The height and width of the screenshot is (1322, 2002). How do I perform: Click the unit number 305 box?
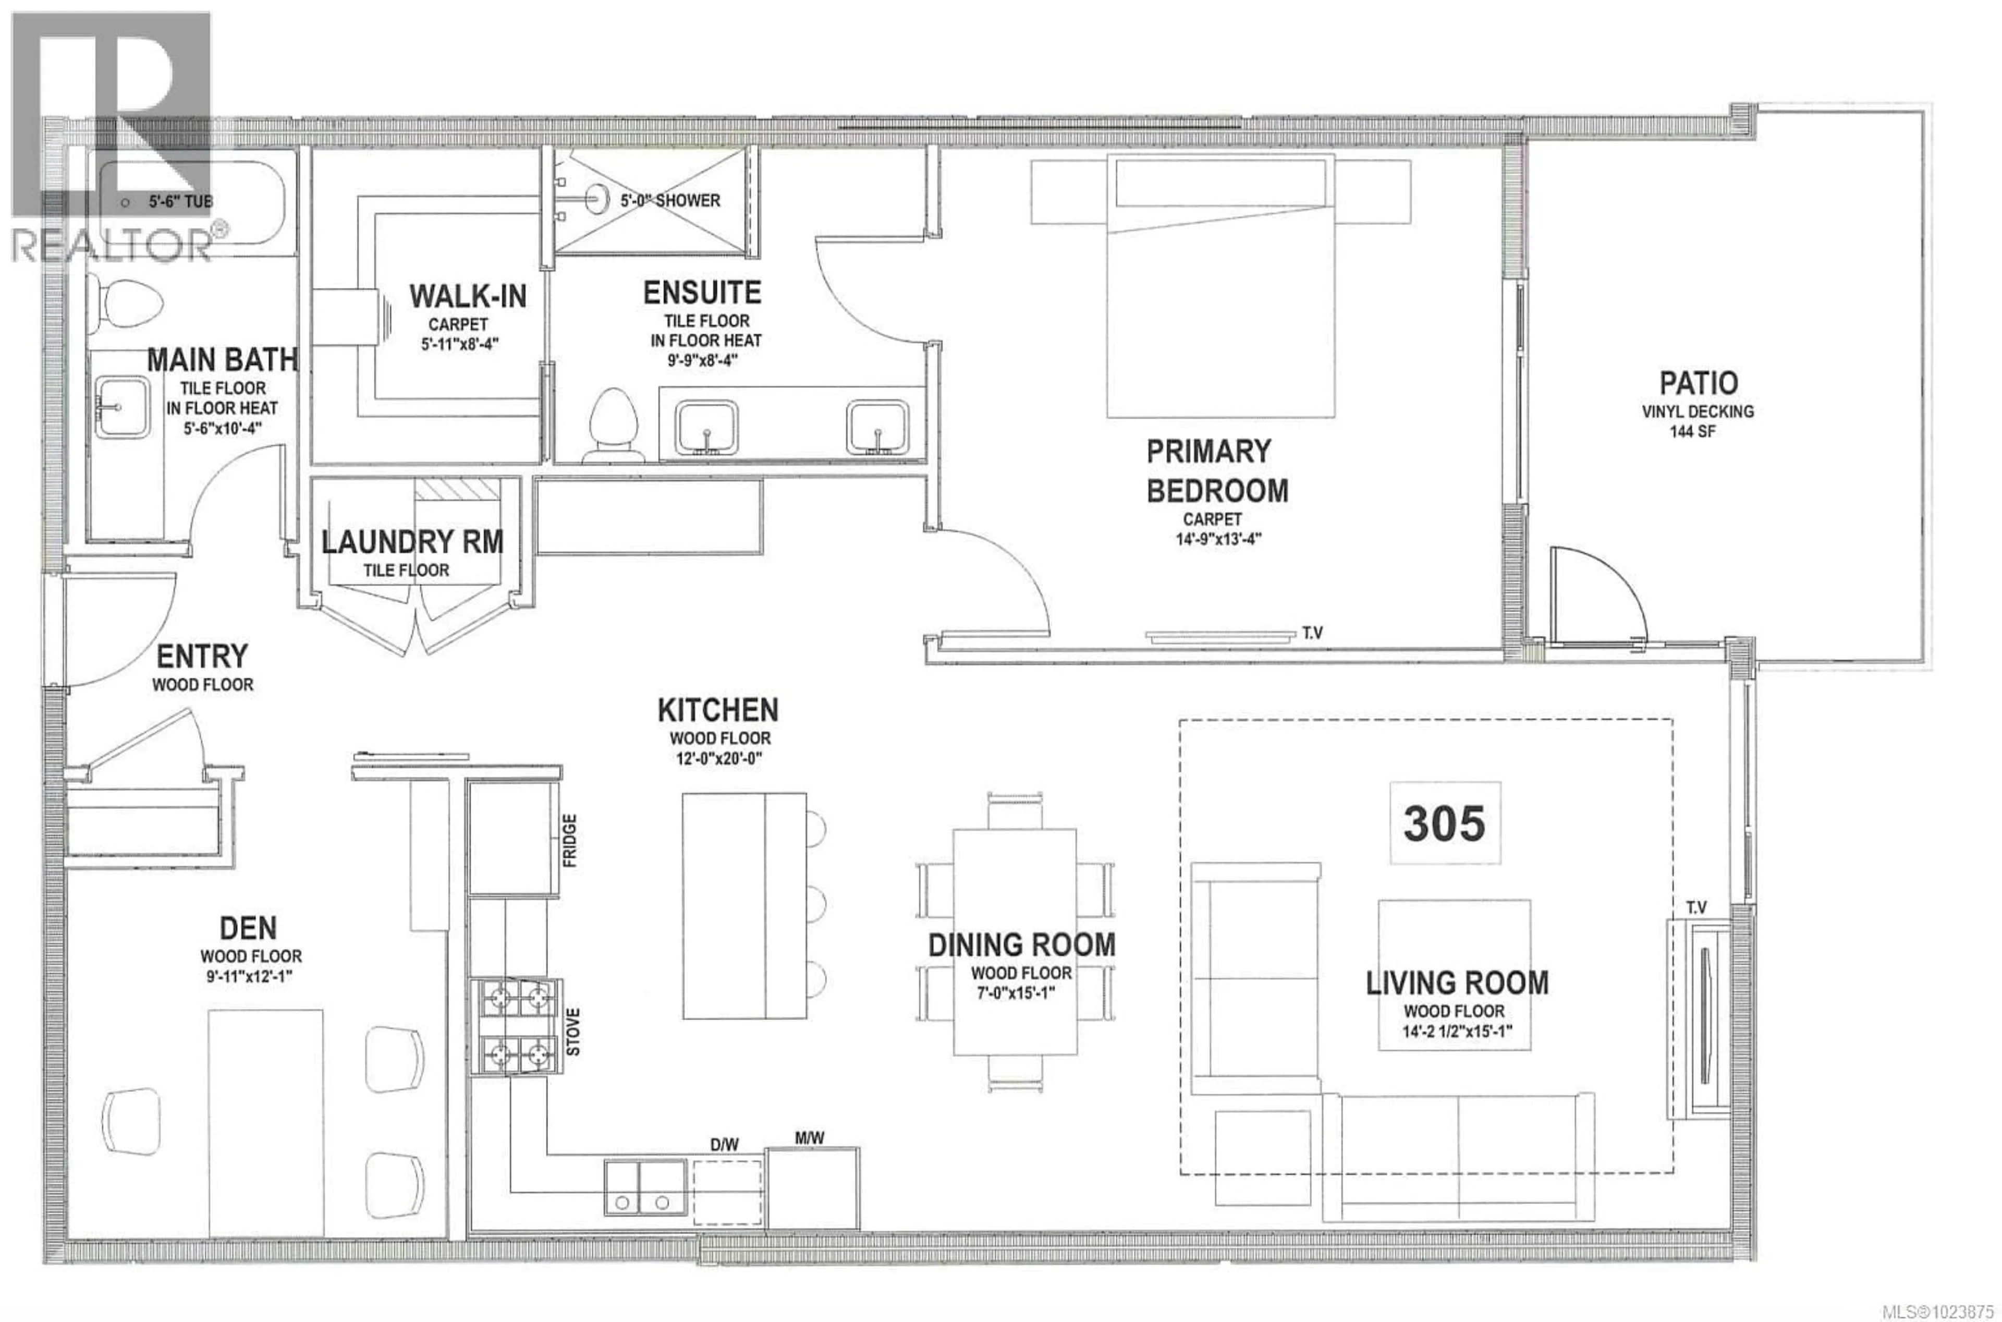coord(1444,823)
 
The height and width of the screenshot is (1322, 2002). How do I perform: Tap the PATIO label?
coord(1698,384)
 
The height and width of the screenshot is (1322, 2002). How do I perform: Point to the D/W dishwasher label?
coord(724,1144)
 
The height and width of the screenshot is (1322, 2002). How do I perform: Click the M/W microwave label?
coord(809,1138)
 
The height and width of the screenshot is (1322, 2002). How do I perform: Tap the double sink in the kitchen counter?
coord(644,1187)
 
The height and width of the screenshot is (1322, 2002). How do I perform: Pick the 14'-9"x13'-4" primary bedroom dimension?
coord(1218,539)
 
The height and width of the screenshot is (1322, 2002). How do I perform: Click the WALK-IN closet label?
coord(468,297)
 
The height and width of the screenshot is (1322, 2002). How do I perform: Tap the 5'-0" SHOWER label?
coord(670,201)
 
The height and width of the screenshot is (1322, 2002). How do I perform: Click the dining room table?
coord(1014,941)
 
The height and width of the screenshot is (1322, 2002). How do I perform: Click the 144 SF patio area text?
coord(1693,432)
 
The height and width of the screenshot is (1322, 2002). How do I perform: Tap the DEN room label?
coord(248,928)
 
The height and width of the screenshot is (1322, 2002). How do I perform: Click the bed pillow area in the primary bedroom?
coord(1220,181)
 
